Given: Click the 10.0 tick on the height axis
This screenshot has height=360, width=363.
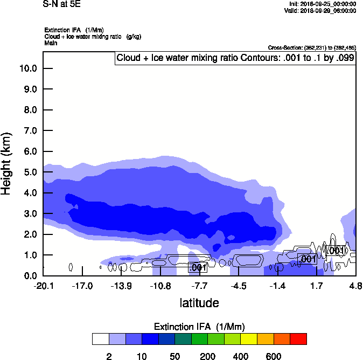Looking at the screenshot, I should click(27, 68).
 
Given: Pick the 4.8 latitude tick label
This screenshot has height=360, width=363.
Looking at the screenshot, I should click(355, 286).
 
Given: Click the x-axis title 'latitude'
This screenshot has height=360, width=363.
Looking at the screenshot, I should click(199, 303).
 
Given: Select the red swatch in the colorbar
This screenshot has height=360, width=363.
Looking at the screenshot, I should click(299, 339).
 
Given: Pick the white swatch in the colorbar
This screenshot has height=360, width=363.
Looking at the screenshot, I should click(100, 339).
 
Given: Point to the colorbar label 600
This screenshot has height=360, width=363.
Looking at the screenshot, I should click(274, 356).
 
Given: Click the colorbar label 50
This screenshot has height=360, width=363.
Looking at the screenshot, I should click(174, 356).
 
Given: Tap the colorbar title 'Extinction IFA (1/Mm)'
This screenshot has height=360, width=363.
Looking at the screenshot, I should click(200, 327).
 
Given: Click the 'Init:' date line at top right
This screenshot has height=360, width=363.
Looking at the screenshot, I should click(322, 4).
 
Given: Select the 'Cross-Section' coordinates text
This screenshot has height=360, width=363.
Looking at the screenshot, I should click(312, 48).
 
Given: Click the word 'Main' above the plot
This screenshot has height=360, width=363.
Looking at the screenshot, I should click(51, 43).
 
